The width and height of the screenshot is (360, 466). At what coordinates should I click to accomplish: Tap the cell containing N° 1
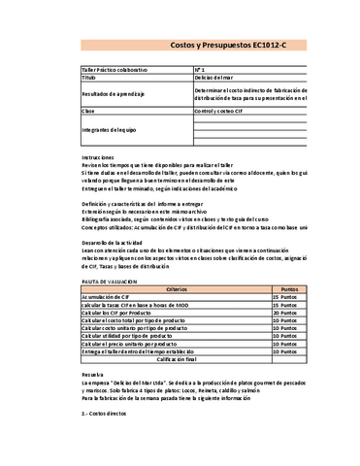(200, 71)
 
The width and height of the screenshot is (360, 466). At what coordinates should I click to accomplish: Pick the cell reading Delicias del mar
(214, 80)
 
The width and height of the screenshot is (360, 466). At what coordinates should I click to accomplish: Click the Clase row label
(90, 112)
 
